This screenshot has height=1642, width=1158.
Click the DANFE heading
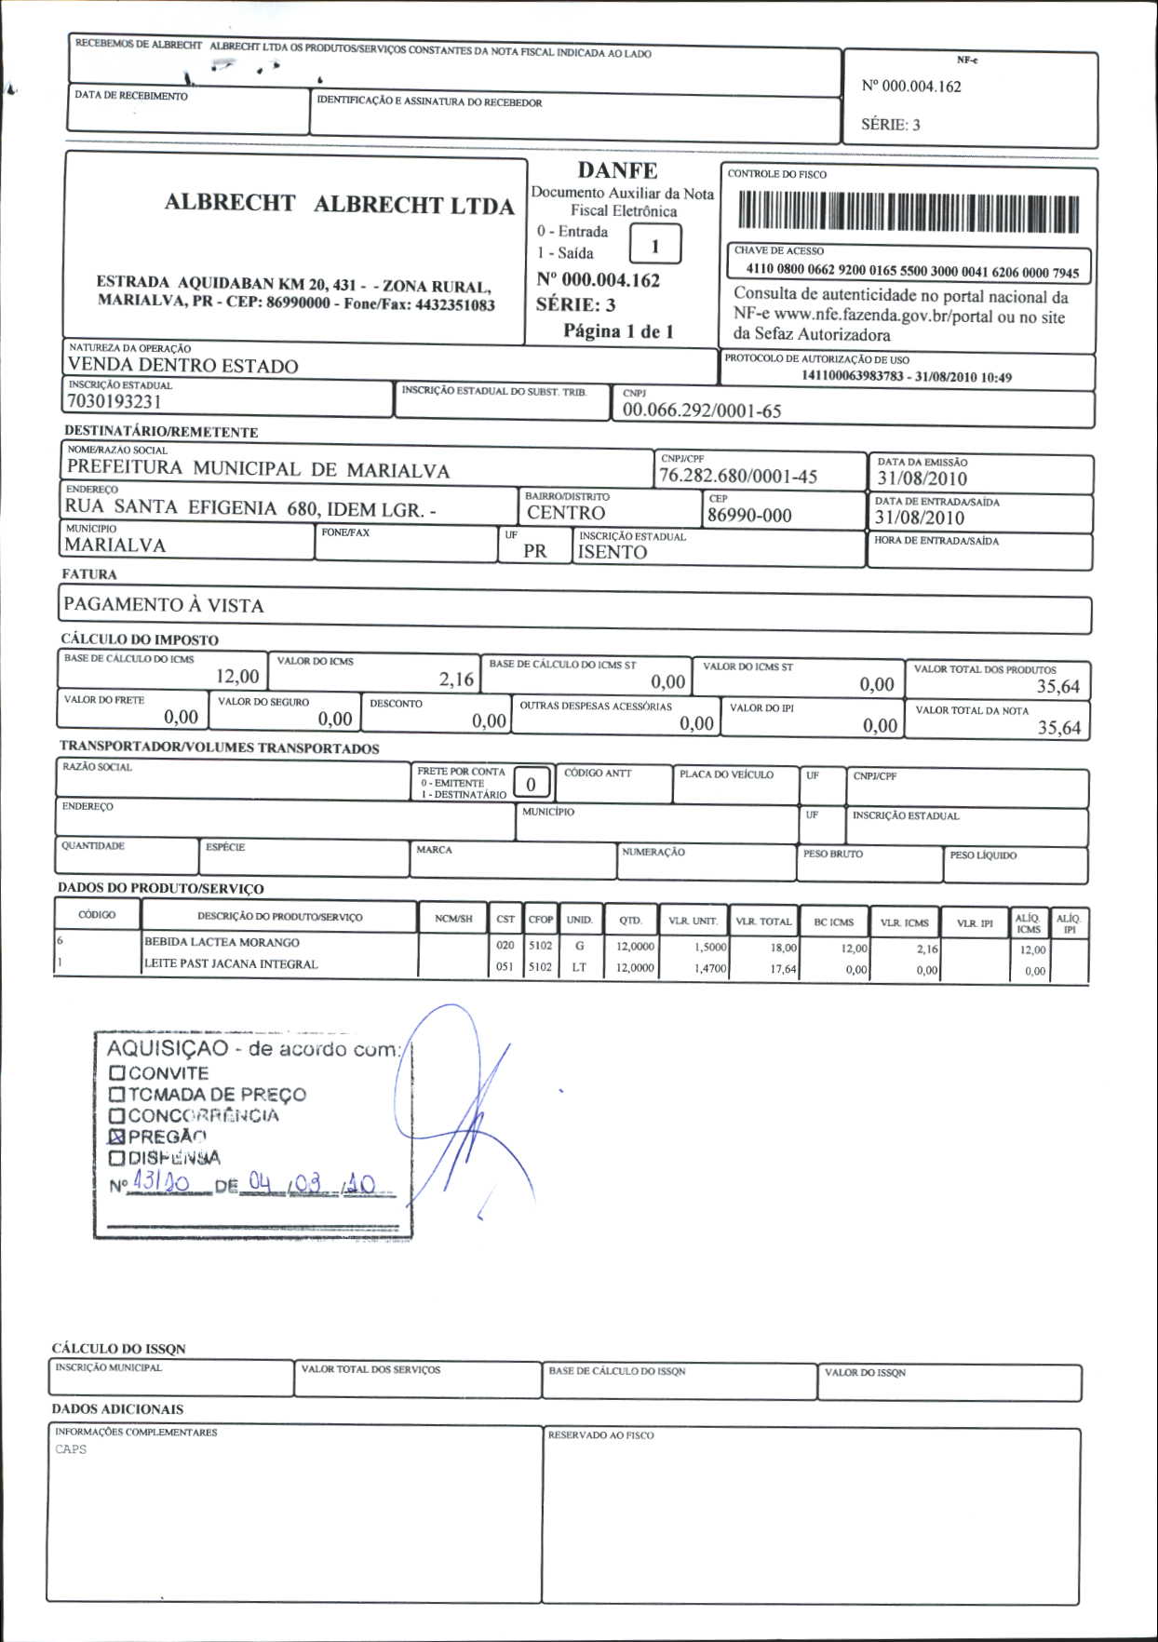point(617,170)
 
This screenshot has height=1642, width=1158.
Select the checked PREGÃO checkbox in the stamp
point(117,1137)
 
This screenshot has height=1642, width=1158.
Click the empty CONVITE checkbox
point(117,1073)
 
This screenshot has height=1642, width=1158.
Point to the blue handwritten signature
point(465,1108)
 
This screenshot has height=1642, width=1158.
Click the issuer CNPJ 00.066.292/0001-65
point(702,410)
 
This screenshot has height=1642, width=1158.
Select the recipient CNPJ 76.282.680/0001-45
point(738,477)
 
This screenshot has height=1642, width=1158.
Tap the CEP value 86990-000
point(749,516)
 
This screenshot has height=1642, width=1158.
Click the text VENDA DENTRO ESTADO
point(183,365)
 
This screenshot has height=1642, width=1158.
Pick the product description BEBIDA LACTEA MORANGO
point(222,942)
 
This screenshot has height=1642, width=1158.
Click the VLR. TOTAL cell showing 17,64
point(783,969)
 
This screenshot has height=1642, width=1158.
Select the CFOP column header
point(541,920)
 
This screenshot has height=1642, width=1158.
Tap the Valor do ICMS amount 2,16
point(456,680)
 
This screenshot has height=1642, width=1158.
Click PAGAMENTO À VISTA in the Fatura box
point(164,605)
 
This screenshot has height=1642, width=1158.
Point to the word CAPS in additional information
point(71,1449)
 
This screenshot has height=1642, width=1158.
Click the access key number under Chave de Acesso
point(912,272)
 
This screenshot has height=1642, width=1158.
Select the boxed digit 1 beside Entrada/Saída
point(655,246)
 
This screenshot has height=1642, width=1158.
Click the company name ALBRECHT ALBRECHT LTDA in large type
point(339,204)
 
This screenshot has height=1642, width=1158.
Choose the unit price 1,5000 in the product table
point(709,947)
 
